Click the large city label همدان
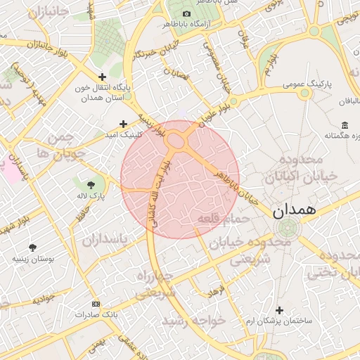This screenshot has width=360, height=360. pos(293,210)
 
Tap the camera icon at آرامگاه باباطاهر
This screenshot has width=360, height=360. pos(186,14)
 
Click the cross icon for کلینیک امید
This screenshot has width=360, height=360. pos(123,124)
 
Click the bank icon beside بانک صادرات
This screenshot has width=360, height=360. pos(96,304)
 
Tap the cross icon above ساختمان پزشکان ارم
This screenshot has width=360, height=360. pos(279,310)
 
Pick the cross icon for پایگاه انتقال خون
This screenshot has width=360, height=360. pos(103,77)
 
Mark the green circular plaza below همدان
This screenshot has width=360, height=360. pos(286,229)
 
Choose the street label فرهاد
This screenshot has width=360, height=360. pos(214,289)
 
